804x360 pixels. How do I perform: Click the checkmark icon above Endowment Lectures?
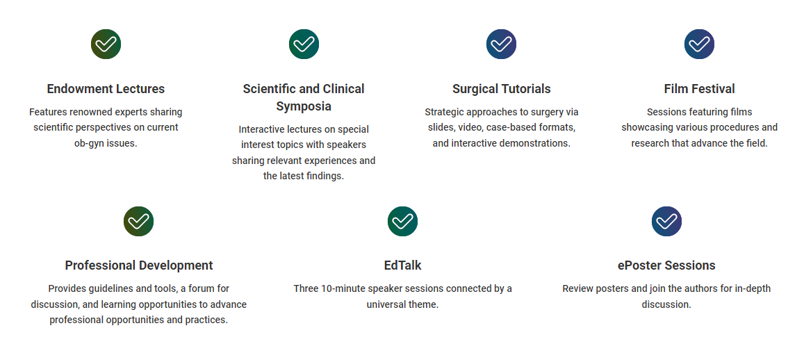click(x=106, y=44)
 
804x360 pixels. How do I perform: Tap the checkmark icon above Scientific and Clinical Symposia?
click(x=304, y=44)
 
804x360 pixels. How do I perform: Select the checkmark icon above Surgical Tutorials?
click(x=501, y=44)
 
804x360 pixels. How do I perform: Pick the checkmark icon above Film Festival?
click(x=699, y=44)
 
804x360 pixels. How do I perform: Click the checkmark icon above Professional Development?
click(x=138, y=221)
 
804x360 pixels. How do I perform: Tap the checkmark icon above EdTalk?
click(x=402, y=221)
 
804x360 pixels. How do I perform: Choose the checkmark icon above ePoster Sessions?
click(x=666, y=221)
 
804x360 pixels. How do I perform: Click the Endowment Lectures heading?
click(x=106, y=89)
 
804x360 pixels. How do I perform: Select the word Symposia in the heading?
click(x=304, y=106)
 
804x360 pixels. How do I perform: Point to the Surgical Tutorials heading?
click(x=502, y=89)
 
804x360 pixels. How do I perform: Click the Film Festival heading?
click(x=699, y=89)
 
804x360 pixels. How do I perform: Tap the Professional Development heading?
click(x=139, y=265)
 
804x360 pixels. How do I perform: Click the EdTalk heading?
click(x=402, y=265)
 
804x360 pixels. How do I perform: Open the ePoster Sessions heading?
click(x=666, y=265)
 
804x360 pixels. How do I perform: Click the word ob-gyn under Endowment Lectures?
click(x=89, y=144)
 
